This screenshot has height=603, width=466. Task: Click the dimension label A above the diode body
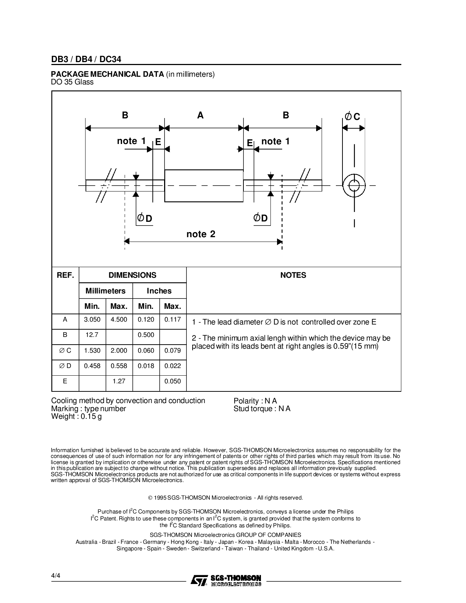click(x=200, y=115)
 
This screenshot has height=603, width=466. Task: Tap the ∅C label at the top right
click(x=353, y=117)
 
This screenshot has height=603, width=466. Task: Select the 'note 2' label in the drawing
click(x=201, y=234)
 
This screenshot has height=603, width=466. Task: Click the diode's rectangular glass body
click(x=204, y=186)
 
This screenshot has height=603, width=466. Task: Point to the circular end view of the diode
click(x=354, y=186)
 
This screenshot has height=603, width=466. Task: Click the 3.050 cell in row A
click(x=92, y=319)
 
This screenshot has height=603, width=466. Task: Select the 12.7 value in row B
click(x=92, y=335)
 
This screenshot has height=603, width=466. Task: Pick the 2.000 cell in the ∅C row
click(x=119, y=350)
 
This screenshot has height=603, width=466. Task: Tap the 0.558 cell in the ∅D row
click(x=119, y=366)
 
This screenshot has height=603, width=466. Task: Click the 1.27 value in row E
click(x=119, y=381)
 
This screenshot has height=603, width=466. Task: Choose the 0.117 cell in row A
click(x=173, y=319)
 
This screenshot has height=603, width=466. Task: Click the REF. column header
click(x=65, y=275)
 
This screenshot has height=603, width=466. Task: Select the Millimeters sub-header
click(x=105, y=291)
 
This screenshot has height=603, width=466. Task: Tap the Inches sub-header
click(x=159, y=291)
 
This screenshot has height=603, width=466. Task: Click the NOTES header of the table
click(x=293, y=275)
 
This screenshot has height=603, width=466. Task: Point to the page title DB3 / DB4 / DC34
click(x=86, y=59)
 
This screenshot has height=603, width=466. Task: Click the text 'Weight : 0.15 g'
click(x=76, y=417)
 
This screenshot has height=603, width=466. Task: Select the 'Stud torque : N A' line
click(x=262, y=409)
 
